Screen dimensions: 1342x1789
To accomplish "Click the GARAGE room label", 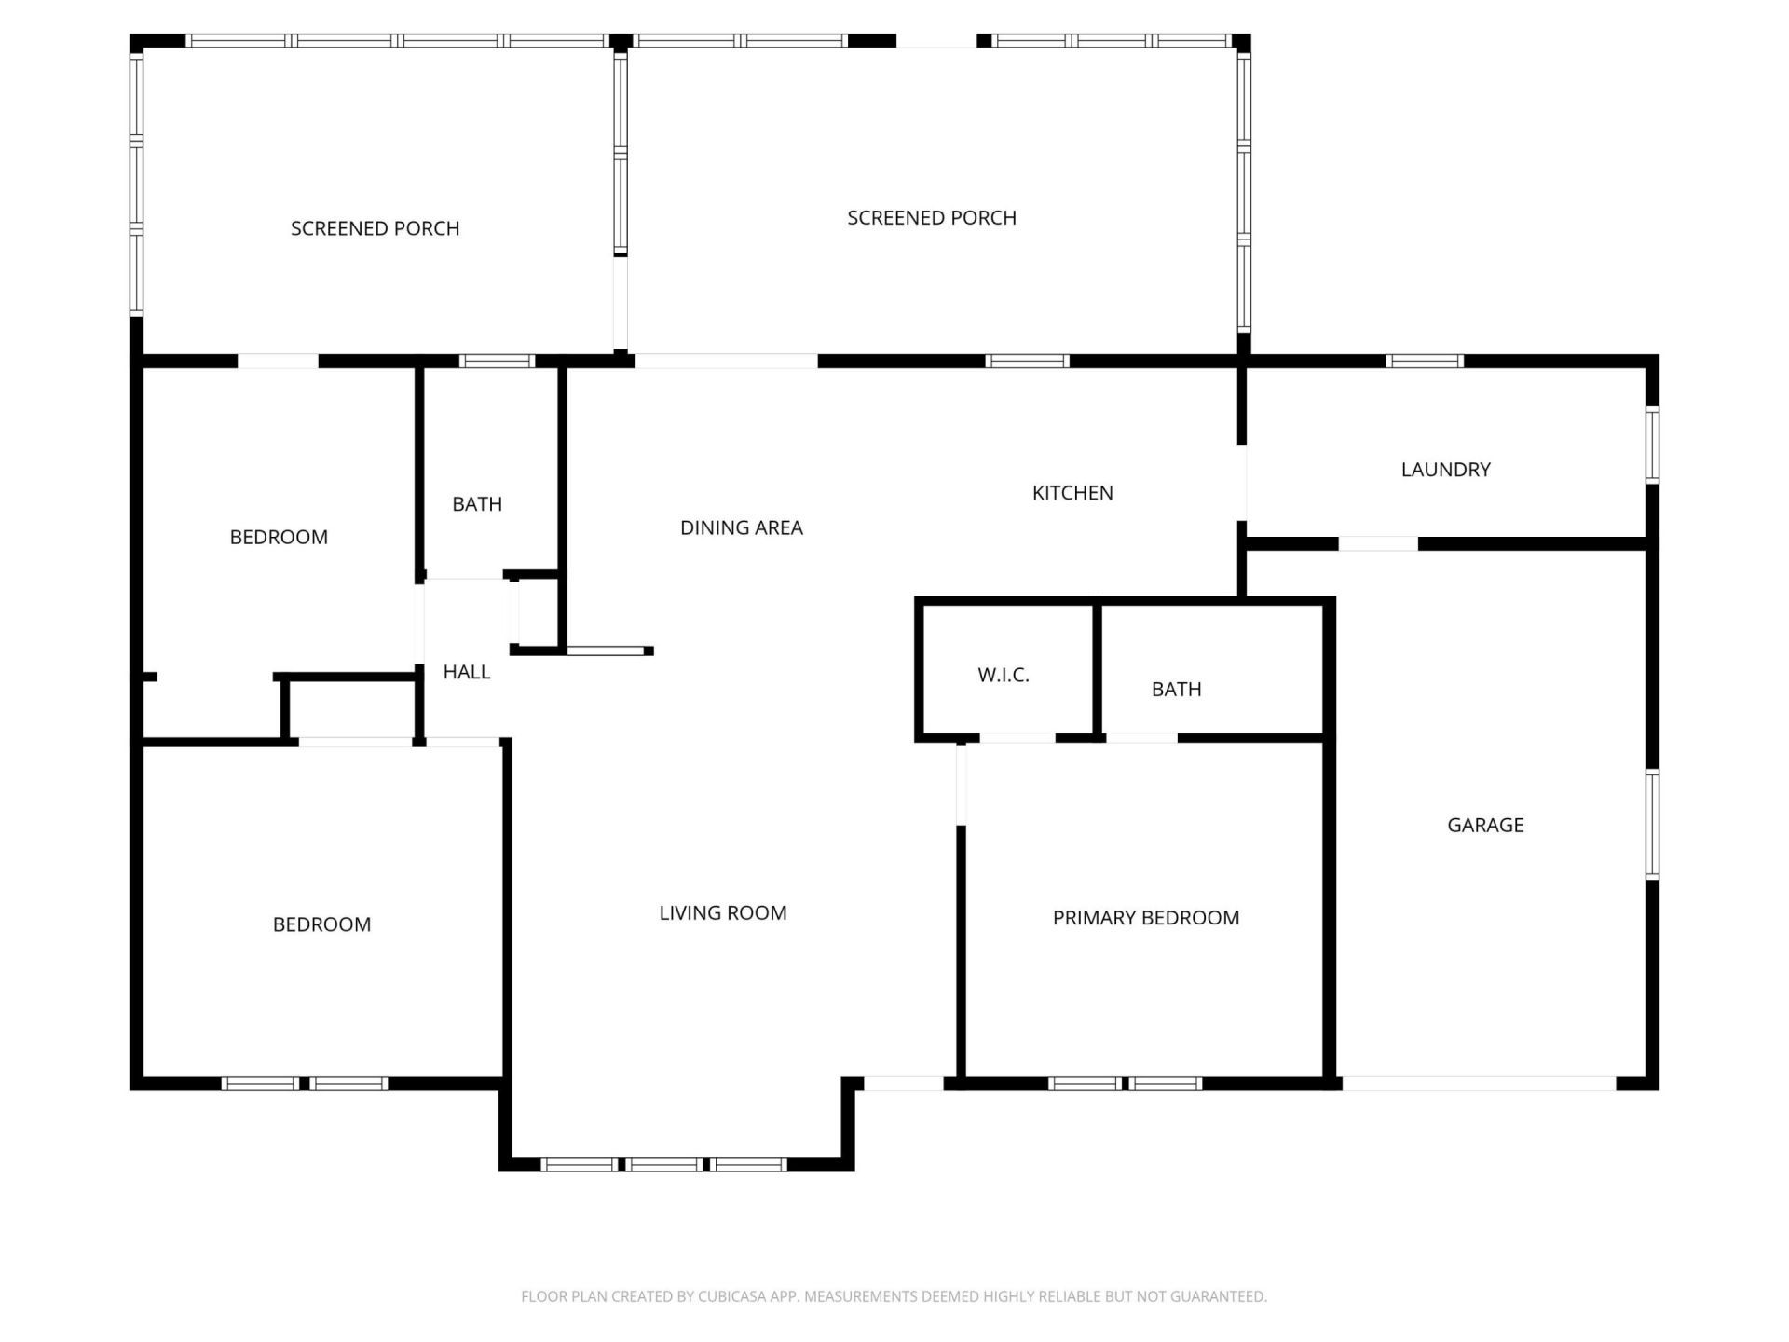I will pos(1485,825).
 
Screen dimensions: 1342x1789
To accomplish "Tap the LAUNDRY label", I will pos(1445,470).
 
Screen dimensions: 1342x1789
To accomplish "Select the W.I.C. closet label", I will pos(1004,676).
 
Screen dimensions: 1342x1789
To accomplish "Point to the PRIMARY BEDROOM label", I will pos(1145,918).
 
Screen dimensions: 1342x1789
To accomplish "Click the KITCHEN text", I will pos(1072,493).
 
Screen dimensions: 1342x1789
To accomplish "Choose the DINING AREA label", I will pos(741,528).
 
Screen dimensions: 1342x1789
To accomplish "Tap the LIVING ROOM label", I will pos(722,913).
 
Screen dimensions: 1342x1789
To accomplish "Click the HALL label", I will pos(466,672).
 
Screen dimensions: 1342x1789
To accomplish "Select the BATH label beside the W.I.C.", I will pos(1176,690).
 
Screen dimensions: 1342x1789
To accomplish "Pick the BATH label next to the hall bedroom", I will pos(477,504).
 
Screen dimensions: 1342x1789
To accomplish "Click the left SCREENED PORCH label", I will pos(375,228).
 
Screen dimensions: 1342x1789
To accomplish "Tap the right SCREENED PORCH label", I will pos(931,218).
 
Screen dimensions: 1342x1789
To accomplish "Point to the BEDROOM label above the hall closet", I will pos(279,537).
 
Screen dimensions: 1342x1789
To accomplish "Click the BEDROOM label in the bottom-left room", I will pos(321,924).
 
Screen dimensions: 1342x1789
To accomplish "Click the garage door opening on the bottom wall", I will pos(1479,1084).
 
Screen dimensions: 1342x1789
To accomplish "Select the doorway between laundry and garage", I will pos(1378,543).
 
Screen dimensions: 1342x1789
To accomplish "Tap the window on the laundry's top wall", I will pos(1425,362).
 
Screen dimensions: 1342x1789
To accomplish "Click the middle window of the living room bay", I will pos(664,1165).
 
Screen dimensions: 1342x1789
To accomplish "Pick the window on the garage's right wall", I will pos(1652,824).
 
